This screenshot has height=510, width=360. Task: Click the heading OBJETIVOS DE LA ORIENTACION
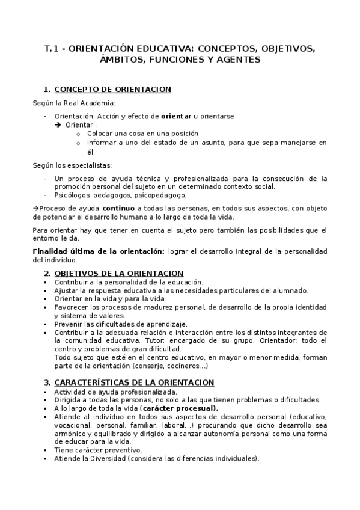click(115, 273)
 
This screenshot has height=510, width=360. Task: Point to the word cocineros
click(189, 366)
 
